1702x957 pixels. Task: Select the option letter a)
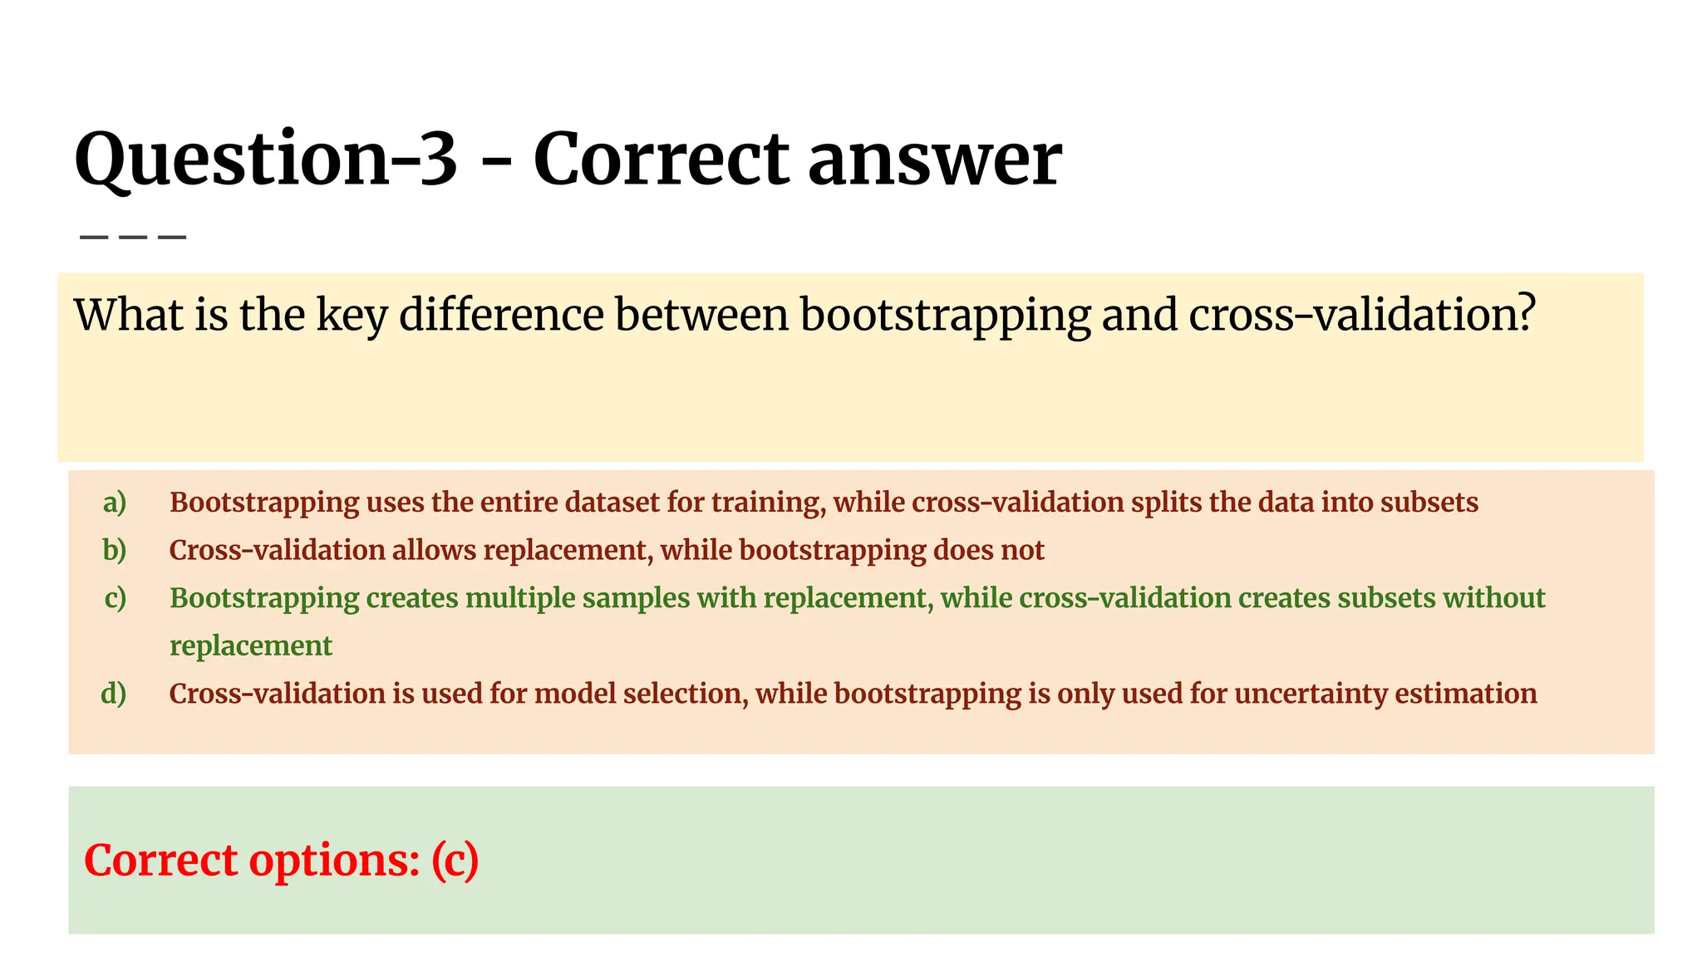pyautogui.click(x=115, y=502)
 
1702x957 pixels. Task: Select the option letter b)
pyautogui.click(x=115, y=550)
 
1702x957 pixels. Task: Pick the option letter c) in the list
pyautogui.click(x=115, y=597)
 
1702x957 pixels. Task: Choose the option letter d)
pyautogui.click(x=114, y=693)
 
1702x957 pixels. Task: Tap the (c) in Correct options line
pyautogui.click(x=455, y=860)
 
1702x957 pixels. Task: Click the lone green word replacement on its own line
pyautogui.click(x=250, y=645)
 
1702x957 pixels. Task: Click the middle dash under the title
pyautogui.click(x=133, y=238)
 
